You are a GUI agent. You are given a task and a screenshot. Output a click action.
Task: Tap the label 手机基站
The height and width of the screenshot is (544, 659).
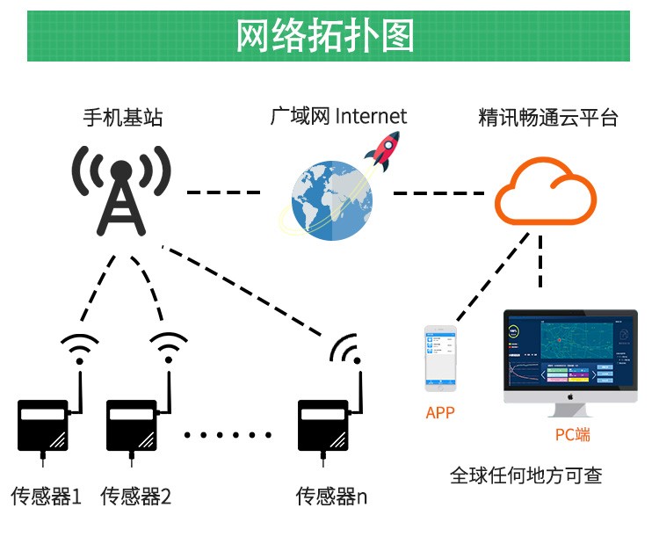pos(123,117)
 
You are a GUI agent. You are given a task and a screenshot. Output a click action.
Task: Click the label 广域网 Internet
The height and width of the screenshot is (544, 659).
pos(338,116)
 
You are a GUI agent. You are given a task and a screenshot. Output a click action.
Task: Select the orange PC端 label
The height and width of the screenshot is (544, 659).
pos(572,434)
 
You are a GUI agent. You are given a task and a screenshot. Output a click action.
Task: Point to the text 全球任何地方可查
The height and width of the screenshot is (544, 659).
pos(525,475)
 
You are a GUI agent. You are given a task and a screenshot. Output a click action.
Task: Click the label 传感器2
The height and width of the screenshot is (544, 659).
pos(136,497)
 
